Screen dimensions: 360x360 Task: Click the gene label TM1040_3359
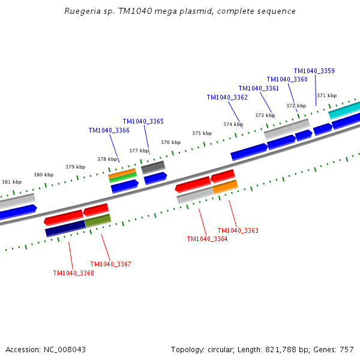314,71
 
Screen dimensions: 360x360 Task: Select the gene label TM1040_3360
287,79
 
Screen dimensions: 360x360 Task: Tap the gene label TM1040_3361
259,88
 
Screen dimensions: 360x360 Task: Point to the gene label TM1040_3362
227,97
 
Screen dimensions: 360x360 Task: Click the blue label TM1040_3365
143,121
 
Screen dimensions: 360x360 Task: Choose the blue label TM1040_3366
109,130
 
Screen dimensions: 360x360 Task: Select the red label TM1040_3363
238,230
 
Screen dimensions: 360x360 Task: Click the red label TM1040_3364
207,239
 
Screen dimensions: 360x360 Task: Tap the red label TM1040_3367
110,264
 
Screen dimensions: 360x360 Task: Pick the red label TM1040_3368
73,273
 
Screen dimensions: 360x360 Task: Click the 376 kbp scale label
170,142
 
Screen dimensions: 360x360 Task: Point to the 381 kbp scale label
11,182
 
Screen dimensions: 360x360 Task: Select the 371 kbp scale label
326,95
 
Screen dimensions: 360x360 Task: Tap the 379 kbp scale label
75,167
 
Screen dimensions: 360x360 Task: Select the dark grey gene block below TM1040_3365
153,166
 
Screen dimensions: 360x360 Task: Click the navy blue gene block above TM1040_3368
65,228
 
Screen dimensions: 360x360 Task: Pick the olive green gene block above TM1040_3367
98,220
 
